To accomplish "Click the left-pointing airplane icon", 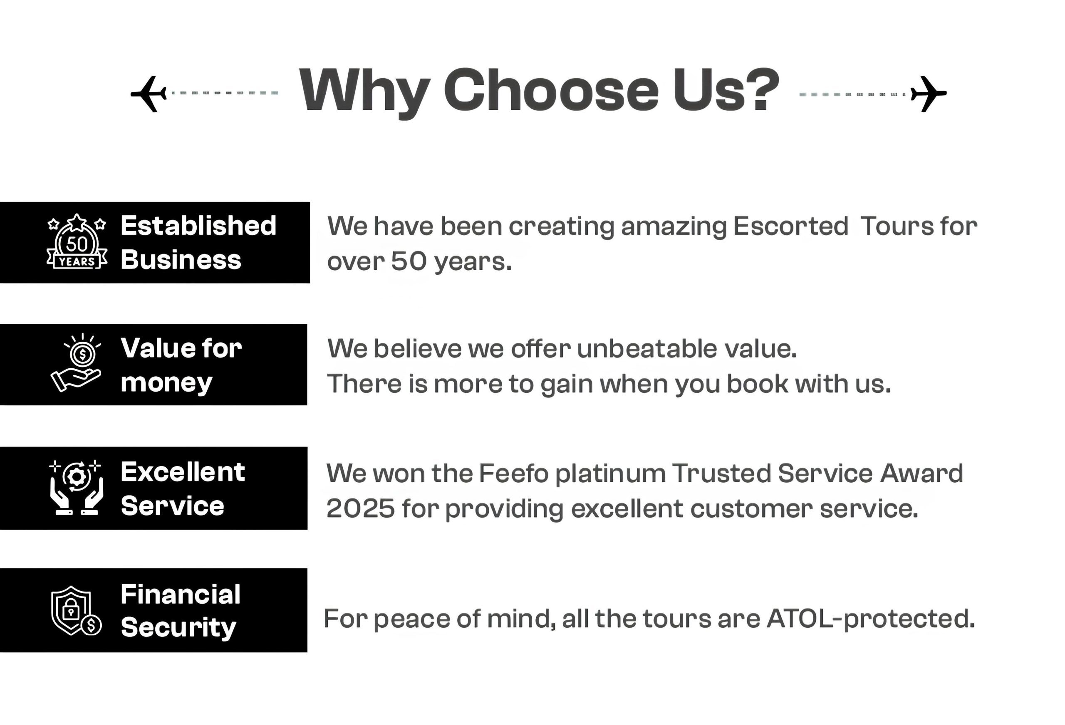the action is tap(149, 94).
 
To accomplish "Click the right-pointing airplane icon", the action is tap(929, 94).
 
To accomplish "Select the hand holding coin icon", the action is tap(76, 363).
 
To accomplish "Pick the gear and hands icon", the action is tap(76, 488).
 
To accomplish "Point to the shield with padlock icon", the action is tap(76, 611).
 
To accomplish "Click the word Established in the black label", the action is tap(198, 225).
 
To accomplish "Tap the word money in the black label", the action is tap(166, 383).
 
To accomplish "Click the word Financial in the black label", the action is tap(181, 594).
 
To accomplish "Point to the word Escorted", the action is tap(790, 226).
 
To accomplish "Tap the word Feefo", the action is tap(514, 473).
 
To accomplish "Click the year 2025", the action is tap(361, 508).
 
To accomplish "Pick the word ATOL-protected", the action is tap(871, 619).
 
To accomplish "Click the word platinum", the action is tap(610, 474).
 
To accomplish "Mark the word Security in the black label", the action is tap(179, 627).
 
